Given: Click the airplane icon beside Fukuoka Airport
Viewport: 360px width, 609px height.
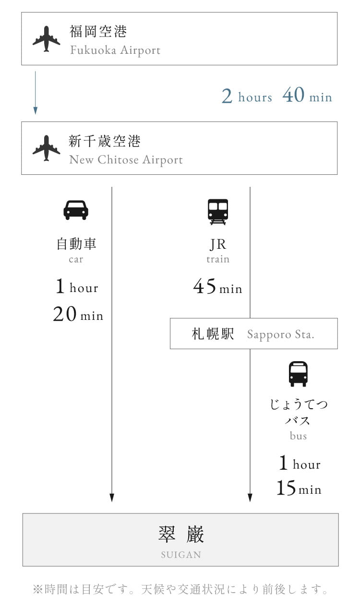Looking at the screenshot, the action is tap(47, 39).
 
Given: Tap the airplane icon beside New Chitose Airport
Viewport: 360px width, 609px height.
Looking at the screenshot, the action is tap(47, 148).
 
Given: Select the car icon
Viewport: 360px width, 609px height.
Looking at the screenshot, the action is tap(76, 210).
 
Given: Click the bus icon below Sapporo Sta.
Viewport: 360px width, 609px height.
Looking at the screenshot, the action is tap(298, 374).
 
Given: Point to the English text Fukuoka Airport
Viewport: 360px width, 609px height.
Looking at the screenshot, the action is tap(115, 50).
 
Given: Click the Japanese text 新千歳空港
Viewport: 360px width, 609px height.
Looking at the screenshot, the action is tap(105, 141).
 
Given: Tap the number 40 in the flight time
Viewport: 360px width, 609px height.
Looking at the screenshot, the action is tap(293, 95).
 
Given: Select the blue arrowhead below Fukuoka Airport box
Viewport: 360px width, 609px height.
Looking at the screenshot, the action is tap(36, 110).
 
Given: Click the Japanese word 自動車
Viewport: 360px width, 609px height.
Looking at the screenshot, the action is tap(76, 244).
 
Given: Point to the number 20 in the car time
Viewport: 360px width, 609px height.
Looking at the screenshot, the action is tap(65, 314).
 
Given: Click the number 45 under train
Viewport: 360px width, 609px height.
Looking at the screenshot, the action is tap(204, 286).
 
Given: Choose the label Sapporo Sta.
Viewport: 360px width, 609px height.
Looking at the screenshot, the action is tap(281, 334).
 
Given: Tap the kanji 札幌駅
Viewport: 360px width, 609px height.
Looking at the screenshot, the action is tap(213, 334).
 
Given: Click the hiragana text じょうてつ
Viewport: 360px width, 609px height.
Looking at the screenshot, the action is tap(299, 404).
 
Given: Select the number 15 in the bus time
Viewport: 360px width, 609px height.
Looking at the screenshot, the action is tap(286, 488).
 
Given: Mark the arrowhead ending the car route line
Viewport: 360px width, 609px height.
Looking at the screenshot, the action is tap(112, 498).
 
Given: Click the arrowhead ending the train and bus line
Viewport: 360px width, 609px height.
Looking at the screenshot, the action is tap(250, 498).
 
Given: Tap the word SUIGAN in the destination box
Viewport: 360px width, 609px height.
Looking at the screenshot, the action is tap(181, 555).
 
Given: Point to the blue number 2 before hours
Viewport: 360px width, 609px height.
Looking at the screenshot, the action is tap(227, 96).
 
